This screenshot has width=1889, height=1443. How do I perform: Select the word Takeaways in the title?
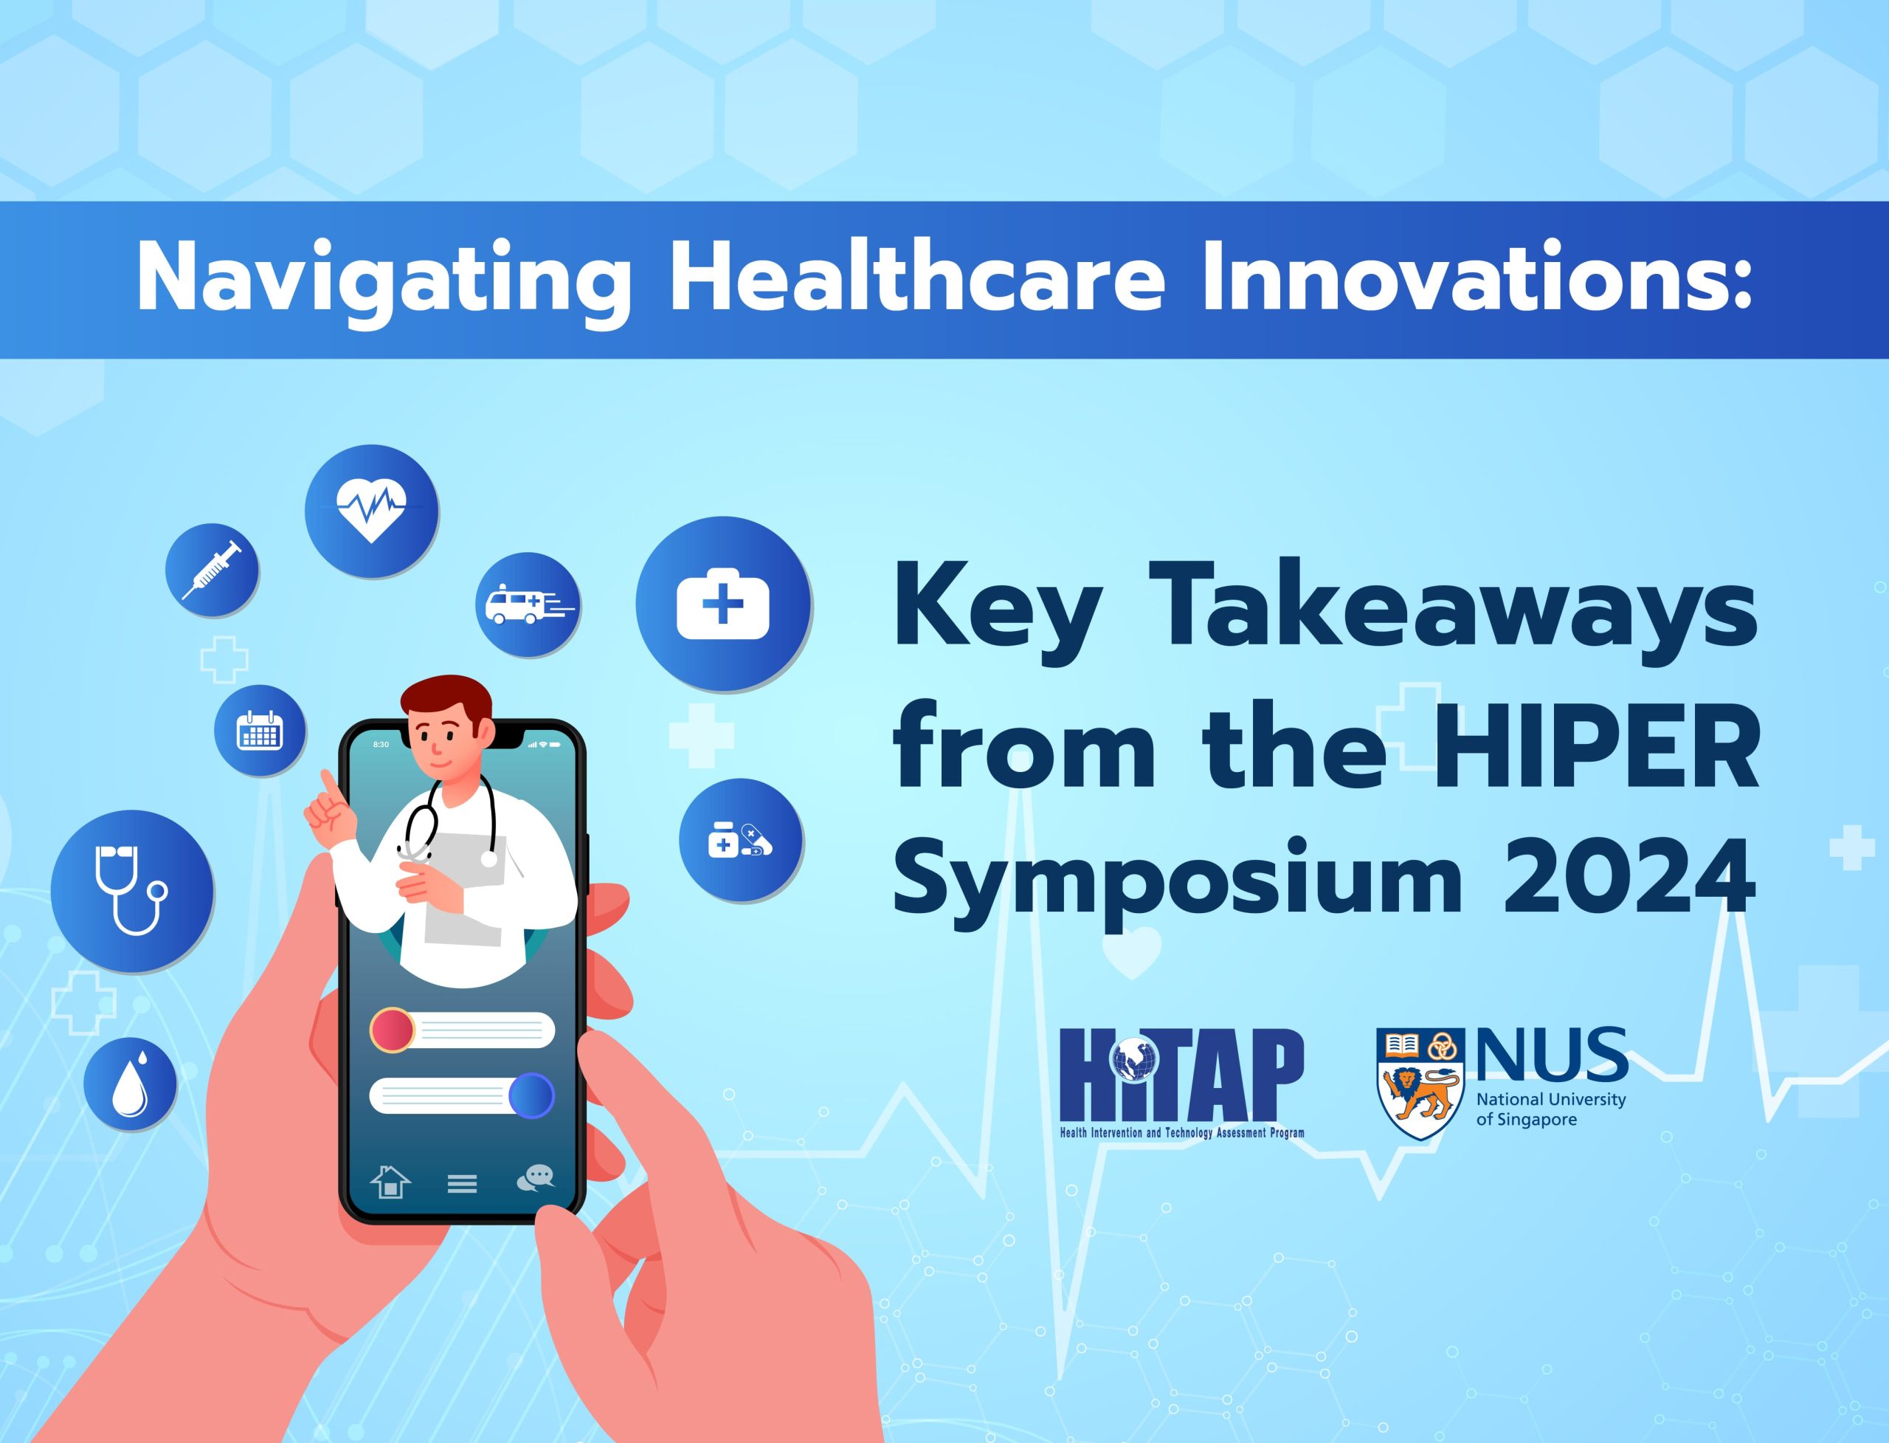pyautogui.click(x=1451, y=613)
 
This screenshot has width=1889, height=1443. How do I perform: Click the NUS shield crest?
pyautogui.click(x=1418, y=1084)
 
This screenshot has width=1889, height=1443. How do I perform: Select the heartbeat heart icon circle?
pyautogui.click(x=371, y=510)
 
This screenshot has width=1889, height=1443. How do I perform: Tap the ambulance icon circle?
pyautogui.click(x=527, y=605)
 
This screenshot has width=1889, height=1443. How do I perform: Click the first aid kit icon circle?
pyautogui.click(x=723, y=604)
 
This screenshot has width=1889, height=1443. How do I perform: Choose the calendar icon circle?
pyautogui.click(x=259, y=730)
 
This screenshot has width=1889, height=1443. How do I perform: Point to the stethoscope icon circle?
pyautogui.click(x=132, y=891)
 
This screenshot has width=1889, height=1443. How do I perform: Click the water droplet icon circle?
pyautogui.click(x=130, y=1084)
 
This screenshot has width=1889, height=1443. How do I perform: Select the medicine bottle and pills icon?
pyautogui.click(x=740, y=839)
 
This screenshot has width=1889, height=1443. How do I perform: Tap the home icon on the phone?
pyautogui.click(x=390, y=1181)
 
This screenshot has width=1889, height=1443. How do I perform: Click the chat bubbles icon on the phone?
pyautogui.click(x=536, y=1177)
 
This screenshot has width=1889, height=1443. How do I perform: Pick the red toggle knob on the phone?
pyautogui.click(x=393, y=1030)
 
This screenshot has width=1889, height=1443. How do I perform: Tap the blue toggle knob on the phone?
pyautogui.click(x=531, y=1096)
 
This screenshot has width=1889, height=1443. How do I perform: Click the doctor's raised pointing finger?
pyautogui.click(x=327, y=785)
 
